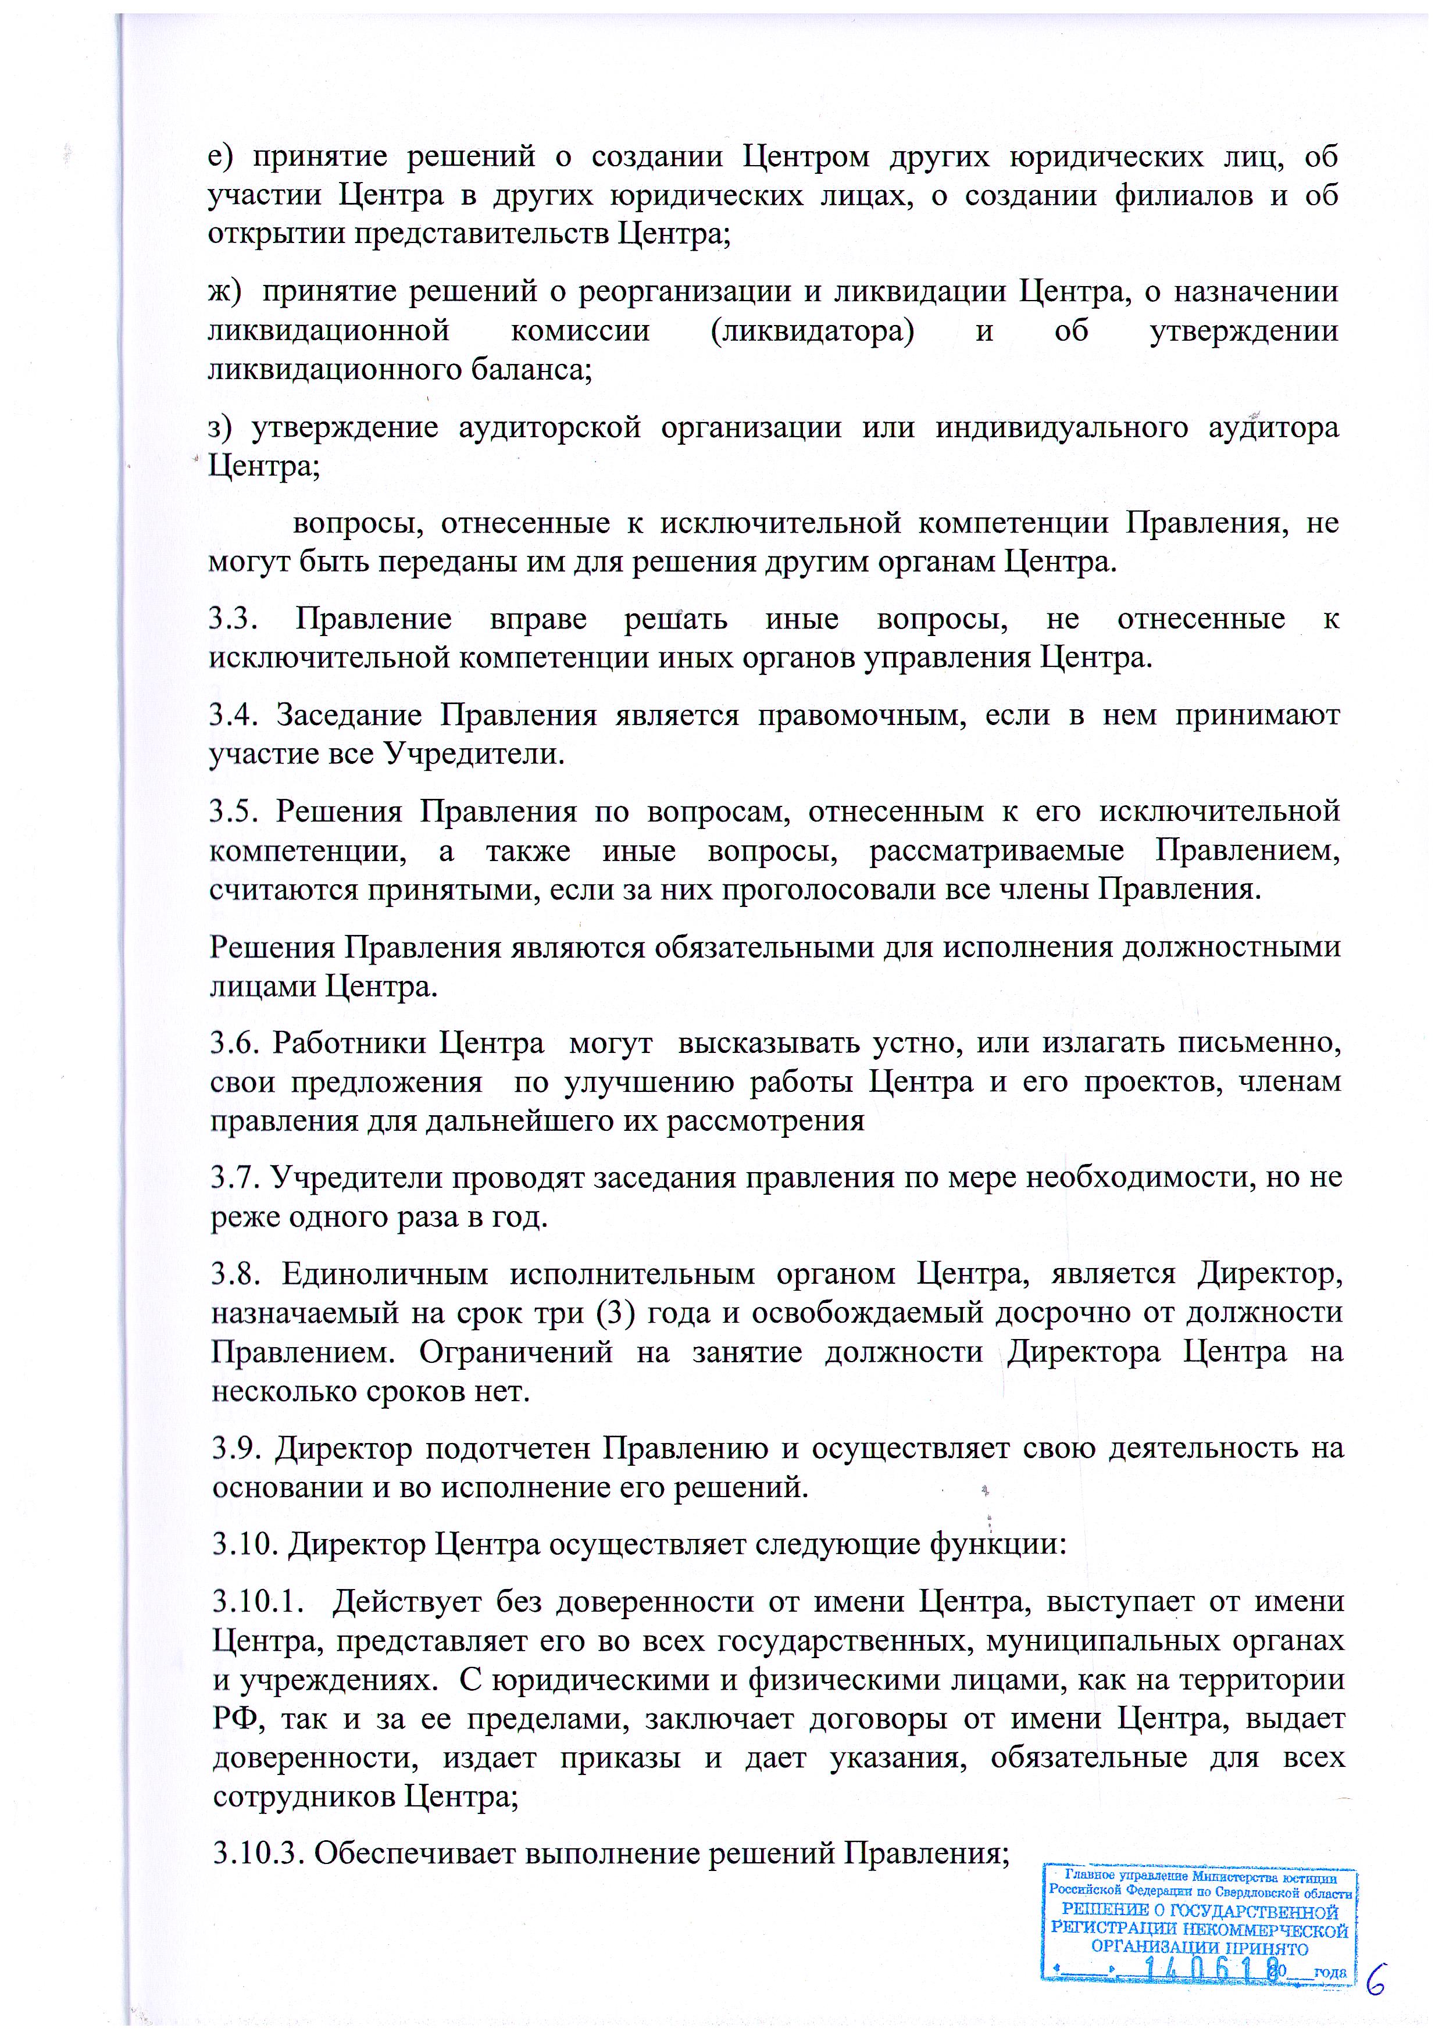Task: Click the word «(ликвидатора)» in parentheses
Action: coord(812,331)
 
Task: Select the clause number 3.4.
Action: coord(234,715)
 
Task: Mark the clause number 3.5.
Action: coord(234,812)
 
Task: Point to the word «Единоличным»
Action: coord(386,1274)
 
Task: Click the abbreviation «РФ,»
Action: coord(235,1719)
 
